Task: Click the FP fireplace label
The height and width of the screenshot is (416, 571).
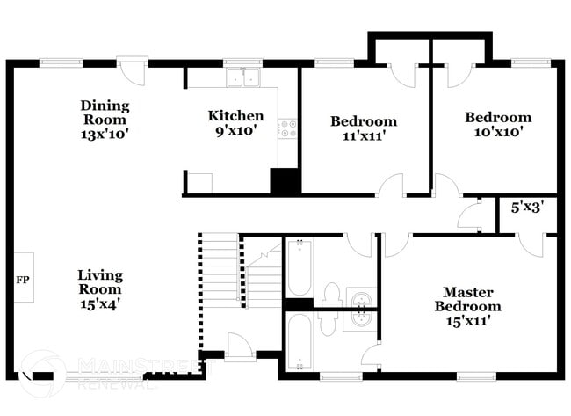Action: pyautogui.click(x=22, y=279)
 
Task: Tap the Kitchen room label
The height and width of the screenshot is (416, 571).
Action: pyautogui.click(x=235, y=116)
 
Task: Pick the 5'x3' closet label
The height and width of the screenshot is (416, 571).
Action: pyautogui.click(x=527, y=208)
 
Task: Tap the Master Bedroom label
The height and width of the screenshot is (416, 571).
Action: pyautogui.click(x=467, y=299)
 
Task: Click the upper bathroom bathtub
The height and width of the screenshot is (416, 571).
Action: pyautogui.click(x=298, y=268)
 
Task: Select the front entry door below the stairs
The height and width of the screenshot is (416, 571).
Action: pyautogui.click(x=240, y=347)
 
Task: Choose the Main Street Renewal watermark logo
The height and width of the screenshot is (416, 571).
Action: pyautogui.click(x=44, y=372)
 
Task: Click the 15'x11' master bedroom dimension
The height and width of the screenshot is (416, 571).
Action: pyautogui.click(x=467, y=321)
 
